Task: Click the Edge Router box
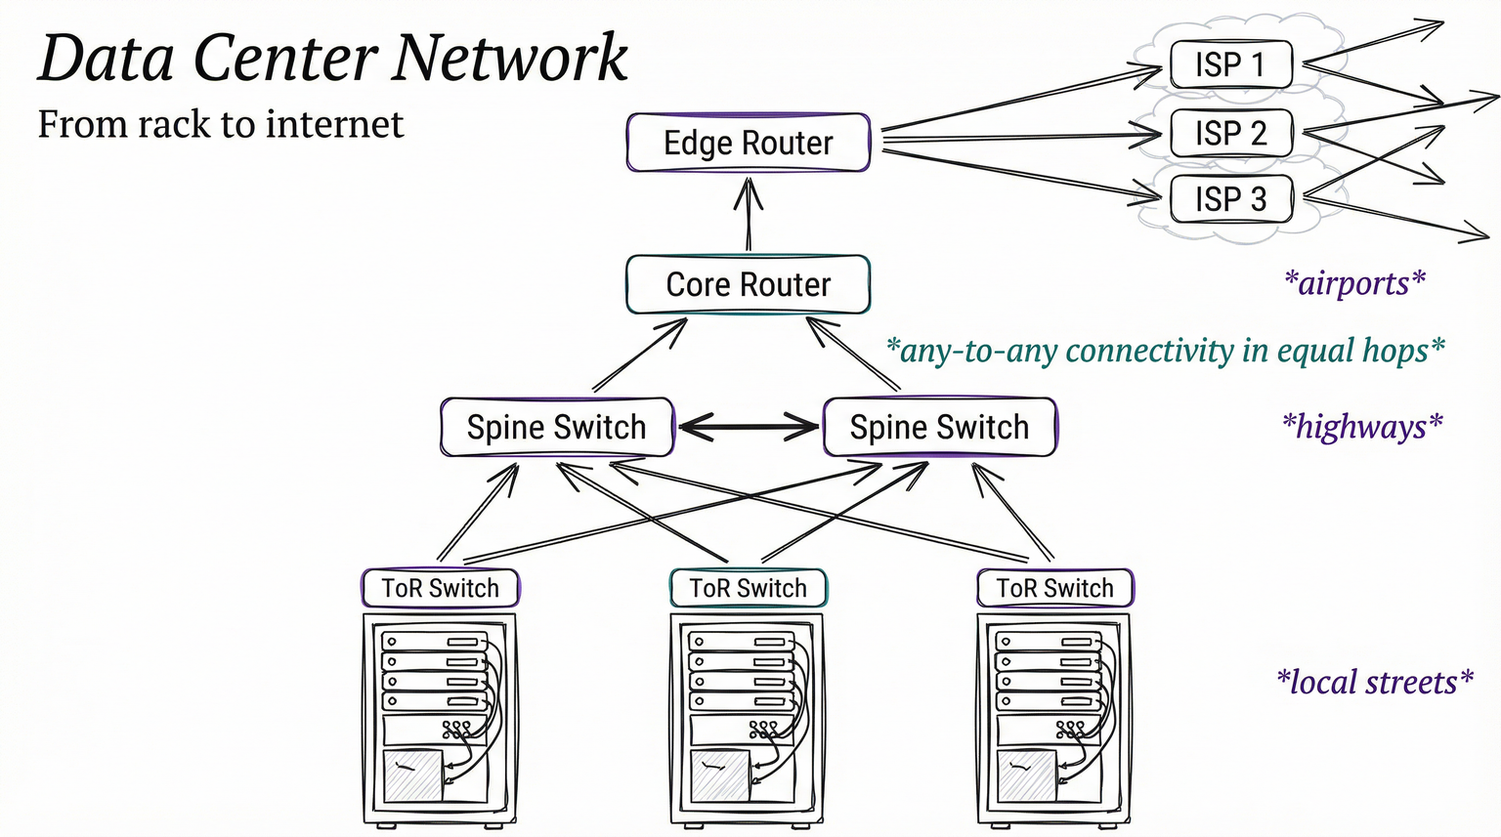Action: pyautogui.click(x=748, y=143)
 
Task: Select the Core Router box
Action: pyautogui.click(x=748, y=284)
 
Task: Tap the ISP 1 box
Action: pyautogui.click(x=1230, y=64)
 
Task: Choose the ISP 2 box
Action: pyautogui.click(x=1230, y=133)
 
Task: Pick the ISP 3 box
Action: pyautogui.click(x=1230, y=199)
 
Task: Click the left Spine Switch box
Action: pyautogui.click(x=556, y=427)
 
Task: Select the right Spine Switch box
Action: pyautogui.click(x=939, y=427)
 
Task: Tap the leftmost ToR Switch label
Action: pyautogui.click(x=440, y=588)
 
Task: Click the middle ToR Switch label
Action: pyautogui.click(x=748, y=588)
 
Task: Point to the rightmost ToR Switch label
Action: pyautogui.click(x=1054, y=588)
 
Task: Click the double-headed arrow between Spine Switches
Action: pyautogui.click(x=749, y=427)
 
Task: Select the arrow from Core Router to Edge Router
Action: pyautogui.click(x=749, y=214)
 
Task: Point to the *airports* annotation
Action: pyautogui.click(x=1354, y=283)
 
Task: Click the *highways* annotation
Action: pyautogui.click(x=1362, y=427)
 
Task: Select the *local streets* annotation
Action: pyautogui.click(x=1374, y=682)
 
